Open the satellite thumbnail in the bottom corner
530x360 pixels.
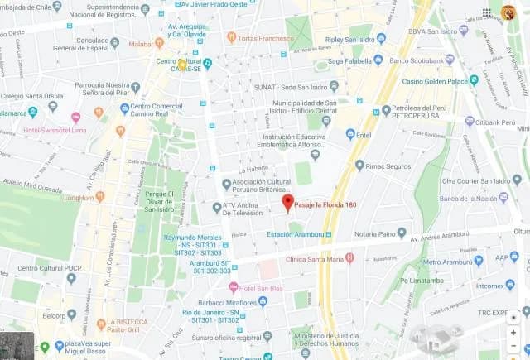[17, 346]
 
